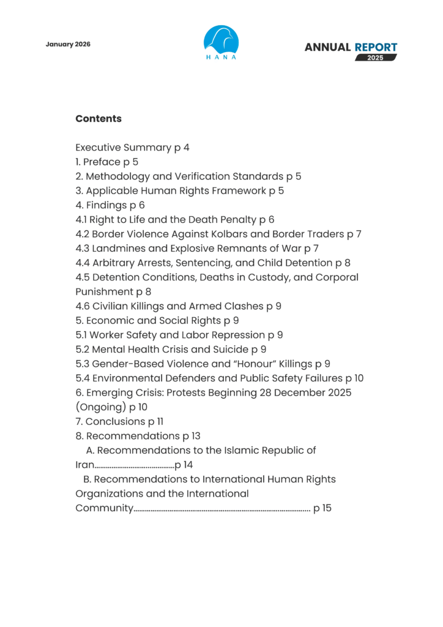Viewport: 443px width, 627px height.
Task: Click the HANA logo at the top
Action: (x=221, y=42)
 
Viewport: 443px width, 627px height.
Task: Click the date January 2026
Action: (x=68, y=45)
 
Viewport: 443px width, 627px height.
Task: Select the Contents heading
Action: (x=99, y=119)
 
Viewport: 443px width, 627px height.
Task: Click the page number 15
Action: (x=326, y=508)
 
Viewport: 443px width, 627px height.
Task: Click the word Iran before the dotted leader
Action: (x=85, y=465)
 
